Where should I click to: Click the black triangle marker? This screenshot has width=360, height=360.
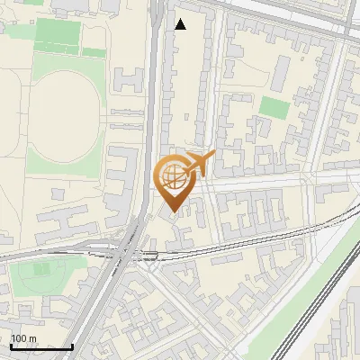click(180, 24)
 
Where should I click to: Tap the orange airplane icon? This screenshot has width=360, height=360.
click(198, 165)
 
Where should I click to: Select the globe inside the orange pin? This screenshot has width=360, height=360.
click(175, 177)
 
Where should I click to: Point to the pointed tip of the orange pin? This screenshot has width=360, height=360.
click(175, 211)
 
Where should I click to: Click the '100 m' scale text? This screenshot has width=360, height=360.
click(23, 338)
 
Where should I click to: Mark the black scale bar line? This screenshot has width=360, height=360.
click(40, 346)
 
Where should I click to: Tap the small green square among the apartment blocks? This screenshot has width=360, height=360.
click(274, 108)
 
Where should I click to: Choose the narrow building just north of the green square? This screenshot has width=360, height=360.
click(282, 70)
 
